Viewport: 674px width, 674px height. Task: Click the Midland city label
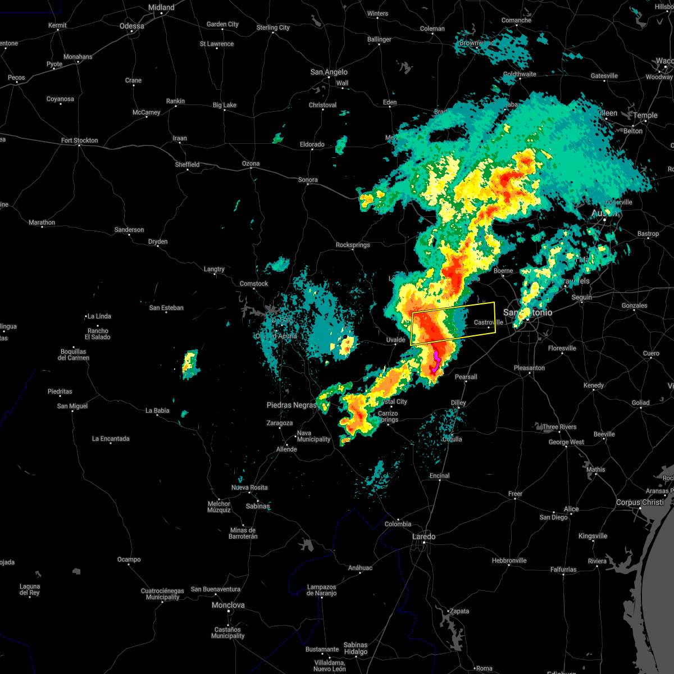(x=161, y=8)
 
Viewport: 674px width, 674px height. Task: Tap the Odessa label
(x=132, y=26)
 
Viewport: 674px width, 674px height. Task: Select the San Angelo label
(x=329, y=72)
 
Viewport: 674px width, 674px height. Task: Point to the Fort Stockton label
(x=80, y=140)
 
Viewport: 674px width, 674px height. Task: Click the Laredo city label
(x=423, y=537)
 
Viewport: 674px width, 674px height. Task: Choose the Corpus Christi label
(x=640, y=503)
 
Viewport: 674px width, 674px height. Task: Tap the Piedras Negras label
(x=292, y=406)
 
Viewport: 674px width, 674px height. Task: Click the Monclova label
(x=228, y=605)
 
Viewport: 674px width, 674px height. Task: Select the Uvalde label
(x=395, y=340)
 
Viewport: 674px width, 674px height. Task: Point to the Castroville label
(x=488, y=322)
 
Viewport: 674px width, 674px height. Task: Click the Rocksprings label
(x=353, y=245)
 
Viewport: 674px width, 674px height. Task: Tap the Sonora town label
(x=308, y=180)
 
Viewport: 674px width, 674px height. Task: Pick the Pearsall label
(x=466, y=377)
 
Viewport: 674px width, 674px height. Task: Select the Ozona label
(x=251, y=164)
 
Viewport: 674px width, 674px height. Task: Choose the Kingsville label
(x=593, y=536)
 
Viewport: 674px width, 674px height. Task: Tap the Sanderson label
(x=129, y=230)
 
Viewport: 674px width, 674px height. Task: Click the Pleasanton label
(x=529, y=368)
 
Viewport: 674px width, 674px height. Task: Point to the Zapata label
(x=459, y=611)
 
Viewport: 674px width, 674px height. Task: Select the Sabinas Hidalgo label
(x=356, y=648)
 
